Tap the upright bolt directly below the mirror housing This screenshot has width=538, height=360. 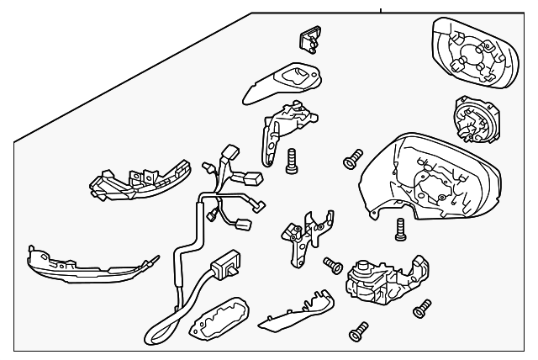coord(401,226)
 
